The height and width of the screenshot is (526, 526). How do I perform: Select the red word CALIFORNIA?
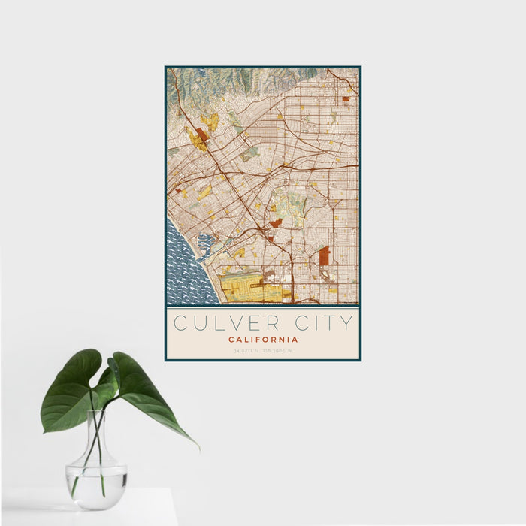[x=263, y=340]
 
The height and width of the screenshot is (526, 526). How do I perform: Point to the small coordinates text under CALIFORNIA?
[x=263, y=350]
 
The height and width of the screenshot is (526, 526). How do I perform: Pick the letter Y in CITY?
[x=346, y=323]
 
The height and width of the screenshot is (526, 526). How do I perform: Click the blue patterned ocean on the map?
[x=184, y=271]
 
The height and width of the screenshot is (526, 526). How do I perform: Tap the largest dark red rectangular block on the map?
[x=324, y=256]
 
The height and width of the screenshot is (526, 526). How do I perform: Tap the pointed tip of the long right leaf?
[x=198, y=448]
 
